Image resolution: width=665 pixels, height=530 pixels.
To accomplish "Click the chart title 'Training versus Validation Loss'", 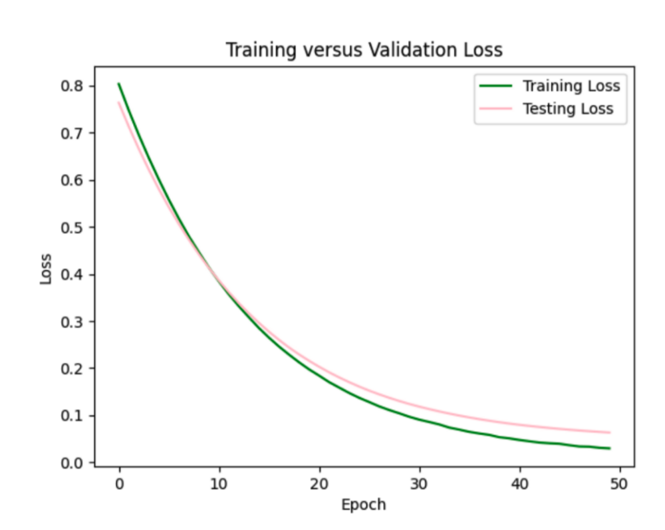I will tap(364, 50).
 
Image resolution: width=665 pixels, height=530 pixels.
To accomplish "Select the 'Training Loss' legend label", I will tap(571, 86).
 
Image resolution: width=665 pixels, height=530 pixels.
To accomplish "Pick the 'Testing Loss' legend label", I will tap(567, 108).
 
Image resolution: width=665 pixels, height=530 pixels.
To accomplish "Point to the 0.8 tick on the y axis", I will tap(72, 86).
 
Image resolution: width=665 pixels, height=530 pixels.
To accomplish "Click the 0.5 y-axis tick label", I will tap(72, 227).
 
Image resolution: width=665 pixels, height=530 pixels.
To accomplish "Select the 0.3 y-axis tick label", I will tap(72, 322).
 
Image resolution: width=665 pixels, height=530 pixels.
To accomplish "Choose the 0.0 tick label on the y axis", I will tap(72, 463).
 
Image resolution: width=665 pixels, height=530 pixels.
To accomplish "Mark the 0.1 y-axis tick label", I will tap(72, 416).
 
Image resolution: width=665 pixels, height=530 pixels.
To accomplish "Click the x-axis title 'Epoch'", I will tap(363, 505).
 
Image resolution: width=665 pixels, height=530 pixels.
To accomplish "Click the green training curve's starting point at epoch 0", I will tap(119, 84).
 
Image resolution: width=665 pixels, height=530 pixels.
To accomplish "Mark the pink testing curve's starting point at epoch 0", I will tap(119, 102).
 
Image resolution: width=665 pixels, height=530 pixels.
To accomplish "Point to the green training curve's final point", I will tap(609, 448).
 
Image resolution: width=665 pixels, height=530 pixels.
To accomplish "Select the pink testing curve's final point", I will tap(609, 432).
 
